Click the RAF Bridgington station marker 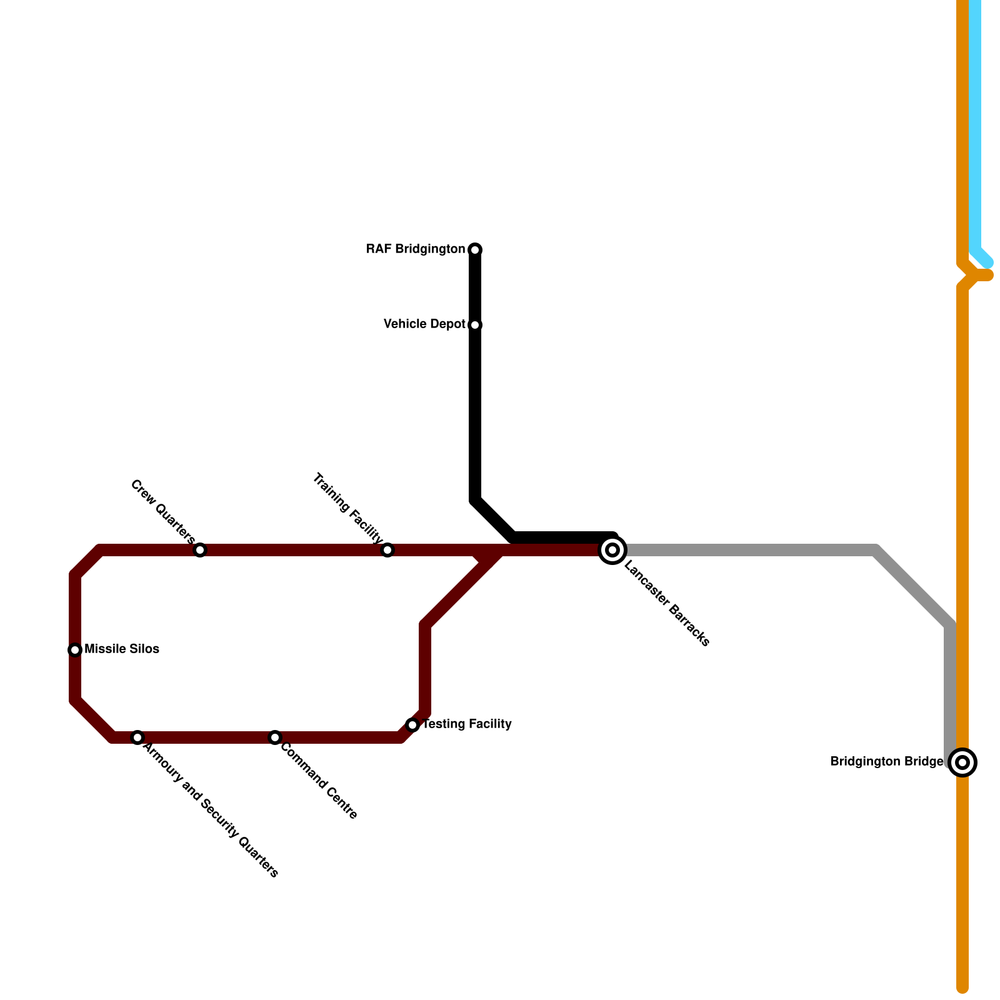[x=475, y=250]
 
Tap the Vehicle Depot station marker [x=475, y=325]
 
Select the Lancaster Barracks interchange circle [x=613, y=550]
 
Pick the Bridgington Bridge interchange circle [x=963, y=762]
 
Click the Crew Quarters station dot [x=200, y=550]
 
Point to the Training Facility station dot [x=387, y=550]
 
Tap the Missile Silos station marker [x=75, y=650]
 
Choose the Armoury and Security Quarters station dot [x=137, y=737]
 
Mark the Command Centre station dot [x=275, y=737]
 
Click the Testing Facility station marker [x=412, y=725]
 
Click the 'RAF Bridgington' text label [x=416, y=250]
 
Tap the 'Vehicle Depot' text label [x=424, y=324]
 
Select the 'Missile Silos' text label [x=122, y=649]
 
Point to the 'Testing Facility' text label [x=467, y=724]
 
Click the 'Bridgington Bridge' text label [x=886, y=762]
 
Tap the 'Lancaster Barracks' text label [x=667, y=605]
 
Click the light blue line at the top [x=975, y=125]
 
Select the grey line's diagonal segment [x=912, y=587]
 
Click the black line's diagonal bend [x=494, y=519]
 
